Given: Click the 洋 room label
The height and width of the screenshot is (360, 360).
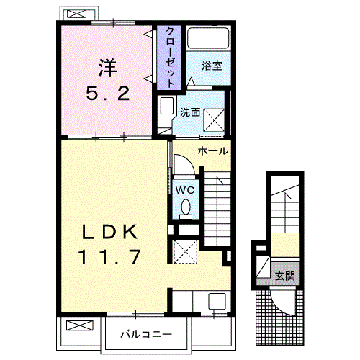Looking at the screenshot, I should pos(108,68).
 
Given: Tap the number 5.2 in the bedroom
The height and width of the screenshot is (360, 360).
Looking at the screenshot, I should pos(108,94).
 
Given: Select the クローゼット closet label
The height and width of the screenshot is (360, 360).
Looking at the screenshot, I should pos(169,57).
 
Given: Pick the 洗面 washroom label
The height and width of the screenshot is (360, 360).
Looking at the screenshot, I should pos(190,112).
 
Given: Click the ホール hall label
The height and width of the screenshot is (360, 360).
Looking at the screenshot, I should pos(214,151).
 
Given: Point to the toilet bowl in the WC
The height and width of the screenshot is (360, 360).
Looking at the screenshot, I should pos(185,207).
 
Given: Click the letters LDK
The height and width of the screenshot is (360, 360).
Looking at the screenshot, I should pos(108,232).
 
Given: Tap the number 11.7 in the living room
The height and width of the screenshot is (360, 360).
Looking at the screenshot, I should pos(108,256).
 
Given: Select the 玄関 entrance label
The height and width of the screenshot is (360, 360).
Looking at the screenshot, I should pos(284,276).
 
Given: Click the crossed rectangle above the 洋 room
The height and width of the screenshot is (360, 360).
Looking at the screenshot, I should pos(74,14).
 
